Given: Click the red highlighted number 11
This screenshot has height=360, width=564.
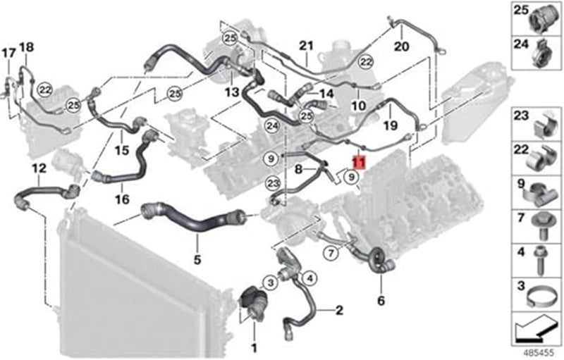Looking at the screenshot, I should (x=359, y=163).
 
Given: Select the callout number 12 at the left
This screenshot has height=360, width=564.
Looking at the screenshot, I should (x=38, y=168).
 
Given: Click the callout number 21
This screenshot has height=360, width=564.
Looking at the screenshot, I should (x=305, y=46).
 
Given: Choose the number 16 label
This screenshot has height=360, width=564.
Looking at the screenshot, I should (x=123, y=199).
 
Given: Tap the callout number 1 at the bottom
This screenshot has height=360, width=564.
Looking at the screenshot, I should (x=255, y=347).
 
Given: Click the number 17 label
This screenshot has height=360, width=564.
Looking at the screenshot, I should (x=8, y=53).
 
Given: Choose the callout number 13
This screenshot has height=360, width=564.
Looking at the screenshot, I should (x=233, y=92).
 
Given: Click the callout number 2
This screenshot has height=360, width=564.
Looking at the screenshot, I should (x=338, y=309).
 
